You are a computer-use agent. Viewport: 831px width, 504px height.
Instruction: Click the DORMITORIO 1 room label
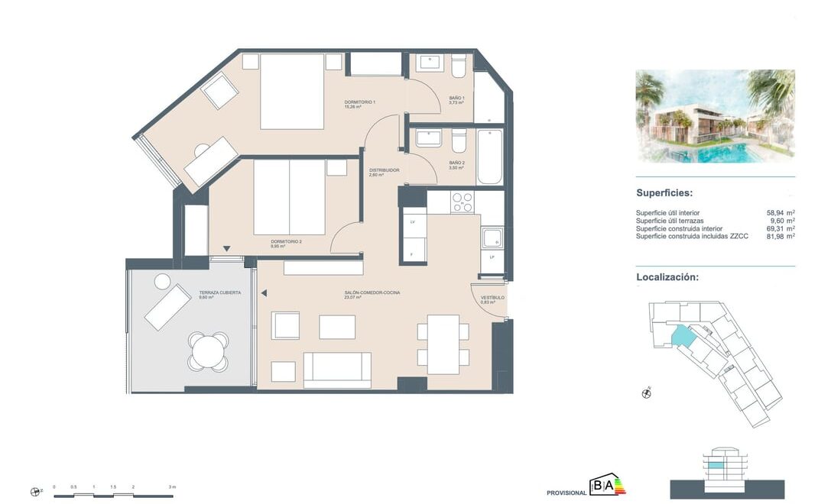pyautogui.click(x=359, y=102)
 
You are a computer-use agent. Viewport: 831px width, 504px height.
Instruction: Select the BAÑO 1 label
pyautogui.click(x=456, y=99)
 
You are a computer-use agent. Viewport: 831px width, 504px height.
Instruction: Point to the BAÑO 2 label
pyautogui.click(x=456, y=163)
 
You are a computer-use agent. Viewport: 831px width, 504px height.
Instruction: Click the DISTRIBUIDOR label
pyautogui.click(x=384, y=170)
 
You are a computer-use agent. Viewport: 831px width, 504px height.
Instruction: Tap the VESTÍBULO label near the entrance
pyautogui.click(x=492, y=298)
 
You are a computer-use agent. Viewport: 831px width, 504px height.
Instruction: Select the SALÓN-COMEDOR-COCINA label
pyautogui.click(x=372, y=292)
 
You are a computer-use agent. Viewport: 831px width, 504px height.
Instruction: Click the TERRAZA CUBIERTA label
pyautogui.click(x=220, y=292)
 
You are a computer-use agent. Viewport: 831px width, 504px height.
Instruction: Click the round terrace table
pyautogui.click(x=208, y=351)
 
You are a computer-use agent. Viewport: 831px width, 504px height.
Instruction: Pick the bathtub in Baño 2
pyautogui.click(x=489, y=157)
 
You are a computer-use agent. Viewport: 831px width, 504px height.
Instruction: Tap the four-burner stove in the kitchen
pyautogui.click(x=461, y=202)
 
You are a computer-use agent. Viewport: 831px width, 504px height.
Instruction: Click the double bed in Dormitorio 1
pyautogui.click(x=292, y=91)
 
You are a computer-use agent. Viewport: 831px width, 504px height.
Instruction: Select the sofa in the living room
pyautogui.click(x=337, y=370)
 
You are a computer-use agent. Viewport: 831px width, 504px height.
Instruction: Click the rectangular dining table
pyautogui.click(x=443, y=344)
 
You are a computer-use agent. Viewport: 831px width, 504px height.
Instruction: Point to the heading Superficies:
pyautogui.click(x=664, y=193)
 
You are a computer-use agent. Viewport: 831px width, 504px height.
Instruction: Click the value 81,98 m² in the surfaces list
pyautogui.click(x=779, y=237)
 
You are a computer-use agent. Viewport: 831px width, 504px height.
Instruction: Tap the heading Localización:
pyautogui.click(x=667, y=277)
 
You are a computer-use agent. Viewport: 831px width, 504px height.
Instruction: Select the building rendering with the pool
pyautogui.click(x=715, y=116)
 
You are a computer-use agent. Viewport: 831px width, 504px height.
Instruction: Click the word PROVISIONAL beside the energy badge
pyautogui.click(x=566, y=493)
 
